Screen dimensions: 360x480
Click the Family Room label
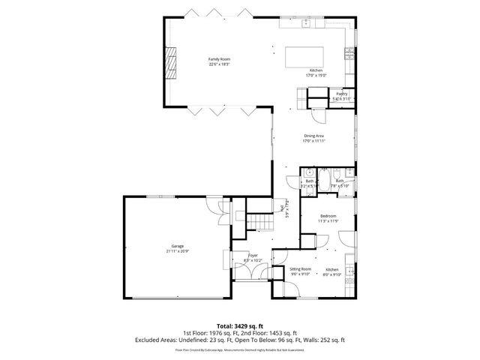pos(219,59)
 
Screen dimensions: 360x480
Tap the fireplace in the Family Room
pos(172,62)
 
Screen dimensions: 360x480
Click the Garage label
pos(177,245)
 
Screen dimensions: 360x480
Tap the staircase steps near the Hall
pos(259,221)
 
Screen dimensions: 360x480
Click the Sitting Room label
pos(300,269)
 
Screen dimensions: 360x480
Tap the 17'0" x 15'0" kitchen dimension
pos(316,76)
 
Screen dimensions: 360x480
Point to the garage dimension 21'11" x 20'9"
pos(177,250)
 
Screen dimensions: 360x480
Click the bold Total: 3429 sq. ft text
pos(239,326)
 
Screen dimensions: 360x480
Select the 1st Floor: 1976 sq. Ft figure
pos(210,333)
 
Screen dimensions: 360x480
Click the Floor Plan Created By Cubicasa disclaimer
pos(239,349)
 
